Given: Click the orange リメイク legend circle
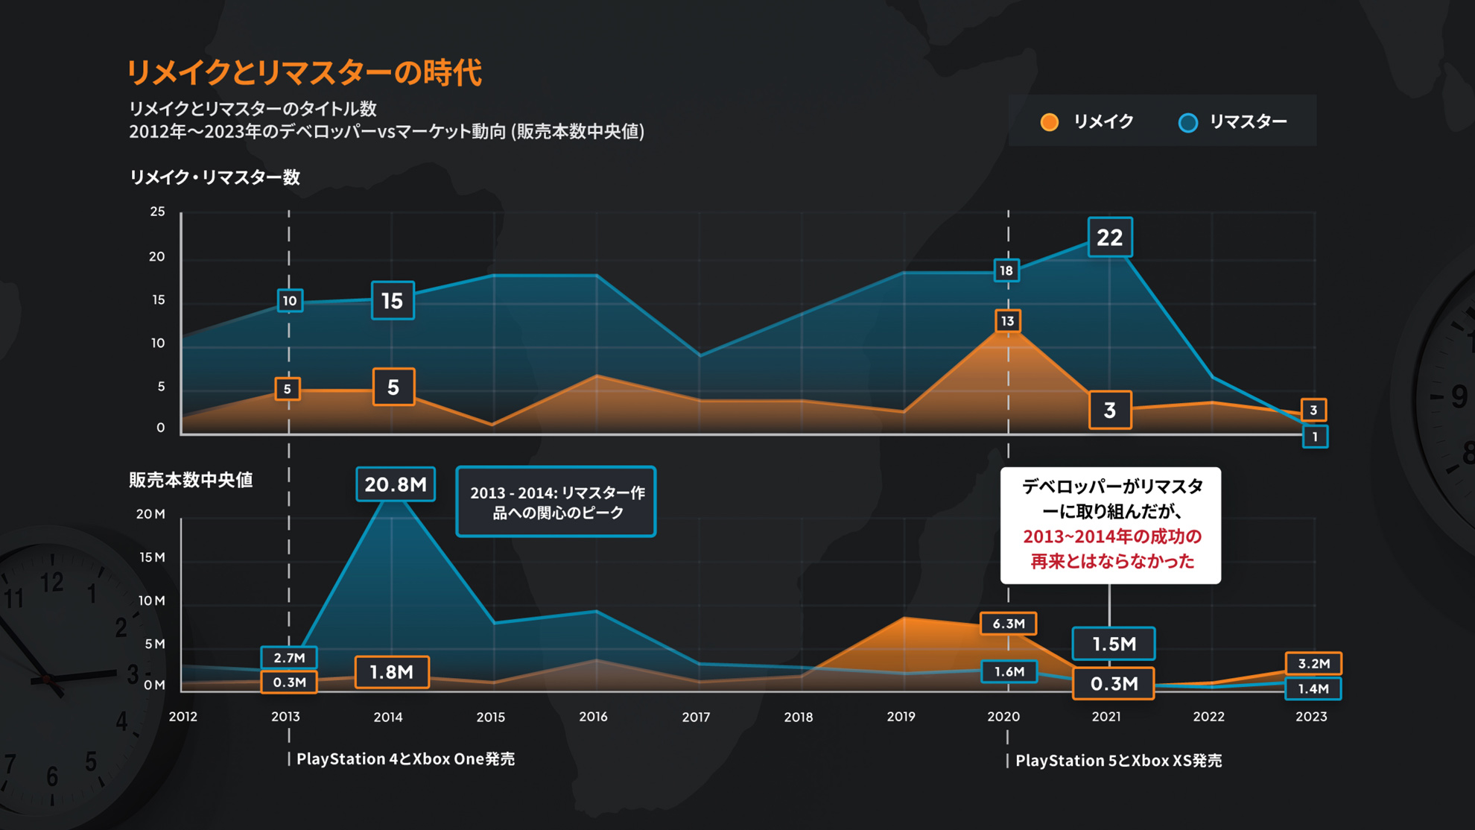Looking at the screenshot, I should click(x=1049, y=122).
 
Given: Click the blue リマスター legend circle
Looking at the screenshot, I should click(x=1188, y=122).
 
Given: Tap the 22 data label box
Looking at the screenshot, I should click(x=1110, y=238).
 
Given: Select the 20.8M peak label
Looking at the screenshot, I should click(x=396, y=484).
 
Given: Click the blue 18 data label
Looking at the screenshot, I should click(x=1006, y=270).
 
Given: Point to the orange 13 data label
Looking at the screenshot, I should click(x=1007, y=321).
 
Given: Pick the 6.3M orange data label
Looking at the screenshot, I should click(x=1009, y=624).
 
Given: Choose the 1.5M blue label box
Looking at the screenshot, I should click(x=1114, y=644).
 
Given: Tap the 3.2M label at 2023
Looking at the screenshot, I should click(x=1313, y=663).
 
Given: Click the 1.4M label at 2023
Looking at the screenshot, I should click(x=1313, y=688).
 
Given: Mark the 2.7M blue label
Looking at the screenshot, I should click(x=289, y=658).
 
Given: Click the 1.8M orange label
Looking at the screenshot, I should click(x=392, y=672).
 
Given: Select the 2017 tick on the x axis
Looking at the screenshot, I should click(x=696, y=717).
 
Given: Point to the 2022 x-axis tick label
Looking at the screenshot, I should click(x=1208, y=717).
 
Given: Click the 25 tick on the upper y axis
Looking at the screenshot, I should click(x=157, y=212).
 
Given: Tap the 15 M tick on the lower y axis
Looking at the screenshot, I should click(x=152, y=557).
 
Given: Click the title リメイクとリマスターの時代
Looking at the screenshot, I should click(x=305, y=73).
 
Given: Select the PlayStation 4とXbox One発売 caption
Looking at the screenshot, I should click(x=405, y=759).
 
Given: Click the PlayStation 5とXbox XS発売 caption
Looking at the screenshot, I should click(x=1118, y=761).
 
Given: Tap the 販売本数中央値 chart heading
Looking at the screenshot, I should click(x=191, y=480).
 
